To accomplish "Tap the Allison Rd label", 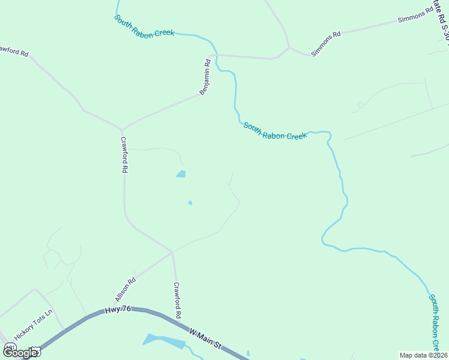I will click(x=125, y=289).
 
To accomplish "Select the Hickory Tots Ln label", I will click(x=34, y=325).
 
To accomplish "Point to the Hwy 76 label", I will click(x=117, y=310).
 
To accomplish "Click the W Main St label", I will click(x=205, y=338).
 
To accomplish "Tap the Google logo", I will click(x=20, y=352).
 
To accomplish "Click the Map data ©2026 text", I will click(x=423, y=355).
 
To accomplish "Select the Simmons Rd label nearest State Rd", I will click(x=415, y=16).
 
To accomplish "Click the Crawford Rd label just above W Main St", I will click(x=178, y=300).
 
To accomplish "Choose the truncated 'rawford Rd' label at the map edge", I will click(x=13, y=52).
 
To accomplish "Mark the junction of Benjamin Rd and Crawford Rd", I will click(x=122, y=129).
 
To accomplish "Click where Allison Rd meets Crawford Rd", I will click(x=172, y=251).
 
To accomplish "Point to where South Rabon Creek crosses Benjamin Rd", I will click(x=215, y=55).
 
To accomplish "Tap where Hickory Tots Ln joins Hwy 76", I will click(x=64, y=330).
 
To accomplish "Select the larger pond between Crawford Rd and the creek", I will click(x=181, y=174).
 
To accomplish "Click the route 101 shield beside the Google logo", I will click(x=10, y=348).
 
